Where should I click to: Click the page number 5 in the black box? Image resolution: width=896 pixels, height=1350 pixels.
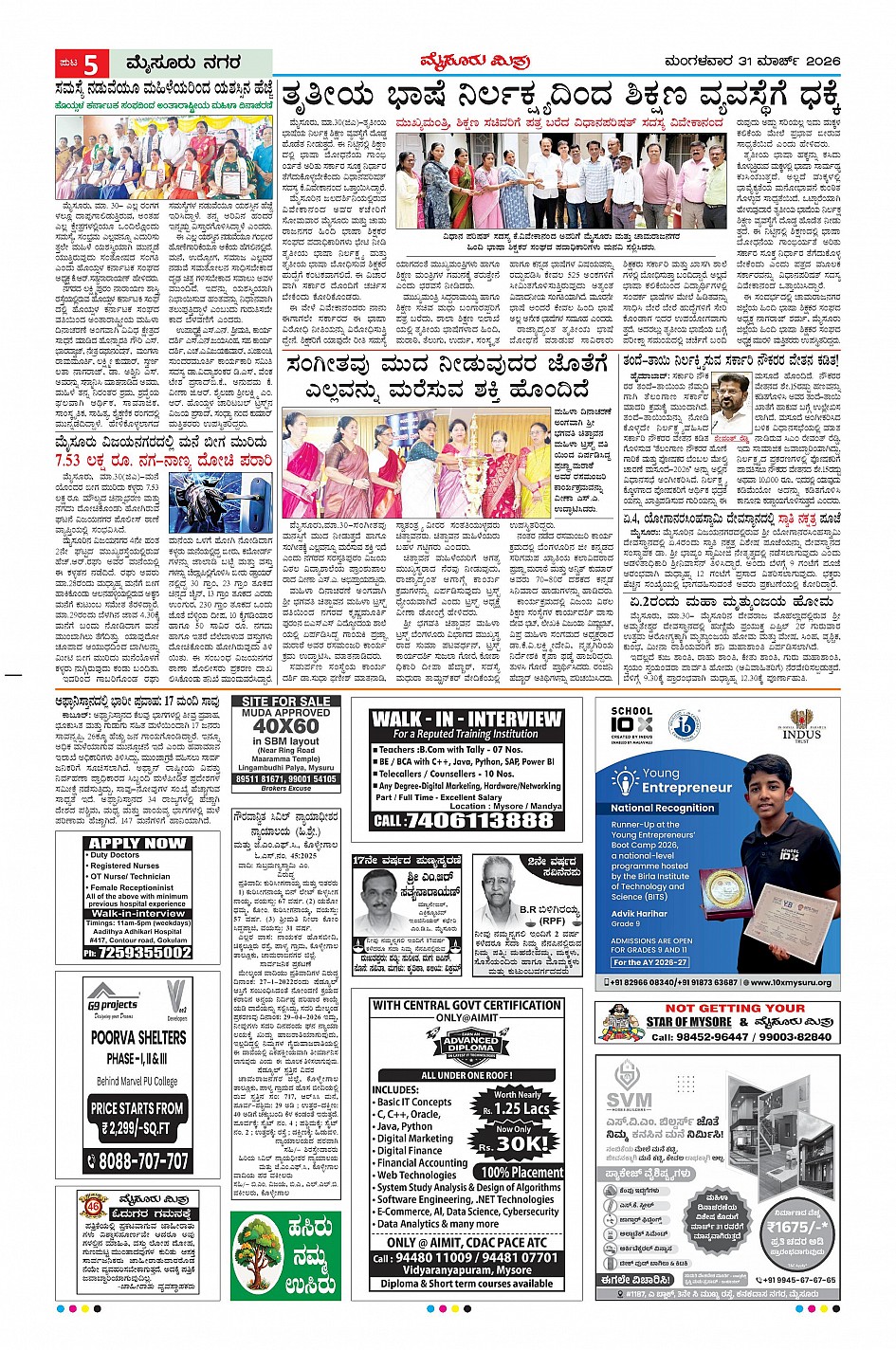click(92, 64)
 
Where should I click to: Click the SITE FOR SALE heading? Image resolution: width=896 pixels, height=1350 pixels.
click(288, 702)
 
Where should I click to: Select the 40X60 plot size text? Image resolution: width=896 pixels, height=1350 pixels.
click(287, 728)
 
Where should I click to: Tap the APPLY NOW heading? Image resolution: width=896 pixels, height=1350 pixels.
click(137, 843)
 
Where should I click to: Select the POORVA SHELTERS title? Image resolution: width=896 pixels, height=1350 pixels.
click(138, 1037)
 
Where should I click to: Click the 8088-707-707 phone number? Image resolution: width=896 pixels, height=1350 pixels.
click(144, 1160)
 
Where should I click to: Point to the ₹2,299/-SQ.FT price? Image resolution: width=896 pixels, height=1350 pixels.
click(138, 1128)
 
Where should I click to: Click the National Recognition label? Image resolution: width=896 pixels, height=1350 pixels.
click(663, 809)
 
